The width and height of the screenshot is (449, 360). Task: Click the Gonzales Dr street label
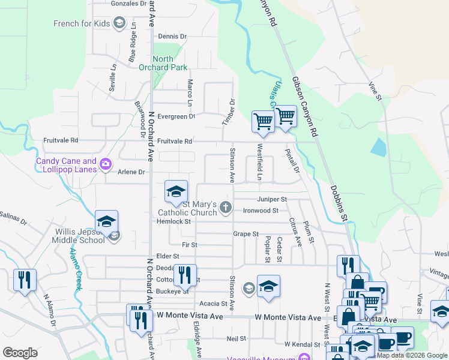pos(129,4)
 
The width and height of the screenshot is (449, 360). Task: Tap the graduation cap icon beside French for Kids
pos(119,23)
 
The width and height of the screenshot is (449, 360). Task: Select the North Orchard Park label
pos(163,64)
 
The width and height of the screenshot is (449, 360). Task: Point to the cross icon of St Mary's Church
pos(226,208)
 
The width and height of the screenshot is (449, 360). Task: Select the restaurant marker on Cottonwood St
pos(185,275)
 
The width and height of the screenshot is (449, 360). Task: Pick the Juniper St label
pos(272,199)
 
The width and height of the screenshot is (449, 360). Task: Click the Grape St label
pos(246,233)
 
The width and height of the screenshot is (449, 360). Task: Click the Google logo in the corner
pos(20,353)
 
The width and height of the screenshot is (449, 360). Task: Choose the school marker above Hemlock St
pos(175,191)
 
